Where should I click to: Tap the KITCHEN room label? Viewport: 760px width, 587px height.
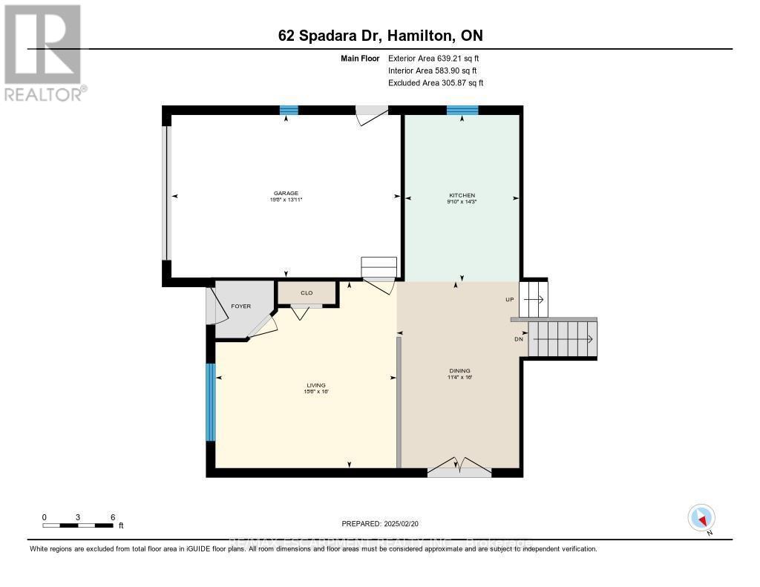tap(461, 195)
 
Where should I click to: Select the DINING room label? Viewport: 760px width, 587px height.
tap(459, 371)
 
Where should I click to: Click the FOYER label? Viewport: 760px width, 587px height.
tap(240, 306)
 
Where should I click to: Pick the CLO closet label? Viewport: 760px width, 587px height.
tap(307, 293)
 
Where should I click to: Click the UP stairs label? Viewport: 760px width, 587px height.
tap(509, 300)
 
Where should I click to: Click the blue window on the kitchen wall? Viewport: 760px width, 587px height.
tap(462, 111)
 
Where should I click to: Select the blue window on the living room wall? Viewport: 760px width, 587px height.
tap(211, 401)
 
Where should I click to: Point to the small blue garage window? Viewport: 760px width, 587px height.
tap(289, 111)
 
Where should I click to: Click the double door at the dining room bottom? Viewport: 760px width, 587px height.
tap(459, 468)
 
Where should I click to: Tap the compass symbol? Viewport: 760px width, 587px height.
tap(701, 517)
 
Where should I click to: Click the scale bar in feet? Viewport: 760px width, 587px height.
tap(78, 525)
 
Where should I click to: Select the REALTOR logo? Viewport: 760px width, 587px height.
tap(43, 52)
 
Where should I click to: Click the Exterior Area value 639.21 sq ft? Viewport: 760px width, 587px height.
tap(458, 58)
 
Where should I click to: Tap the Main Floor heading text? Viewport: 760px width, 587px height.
tap(360, 58)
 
